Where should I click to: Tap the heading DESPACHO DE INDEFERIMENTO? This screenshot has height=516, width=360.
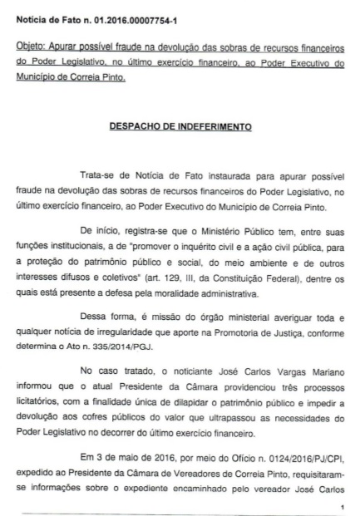[179, 128]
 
